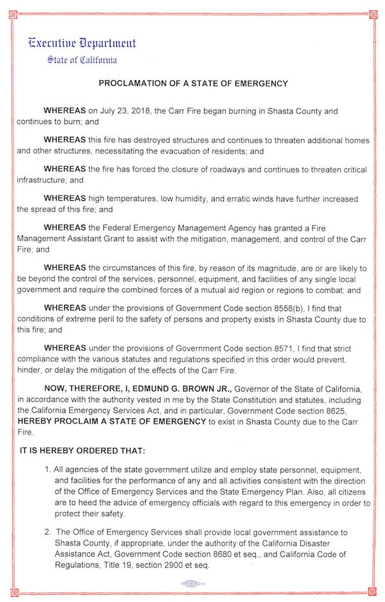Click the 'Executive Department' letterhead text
click(x=81, y=44)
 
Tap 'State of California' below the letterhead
click(x=81, y=60)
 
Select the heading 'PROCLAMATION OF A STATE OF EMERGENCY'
click(x=193, y=83)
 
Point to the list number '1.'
click(x=48, y=469)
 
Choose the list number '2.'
click(x=48, y=532)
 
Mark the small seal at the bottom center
click(x=193, y=583)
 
